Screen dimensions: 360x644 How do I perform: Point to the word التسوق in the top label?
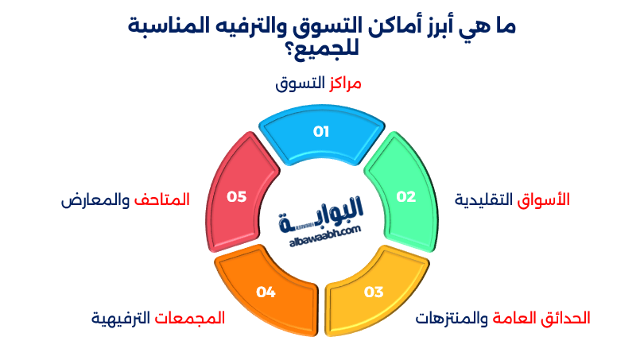click(301, 83)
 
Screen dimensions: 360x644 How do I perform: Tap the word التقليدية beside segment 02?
click(484, 199)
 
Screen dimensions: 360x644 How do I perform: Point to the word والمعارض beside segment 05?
click(95, 199)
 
